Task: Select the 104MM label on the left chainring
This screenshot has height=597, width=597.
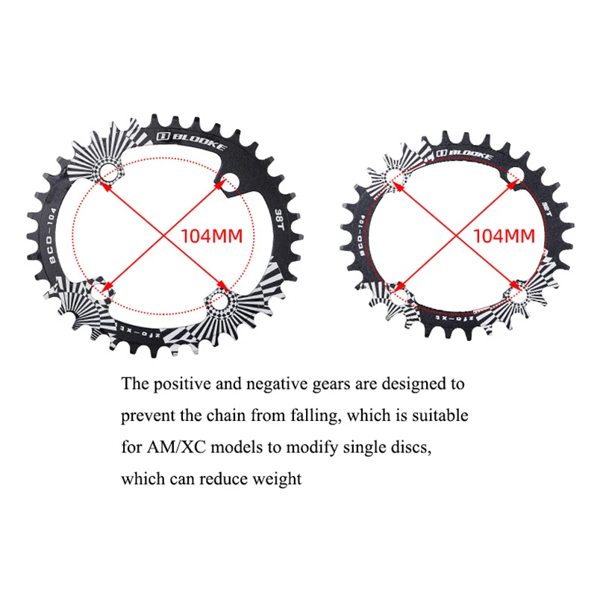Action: pos(212,236)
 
